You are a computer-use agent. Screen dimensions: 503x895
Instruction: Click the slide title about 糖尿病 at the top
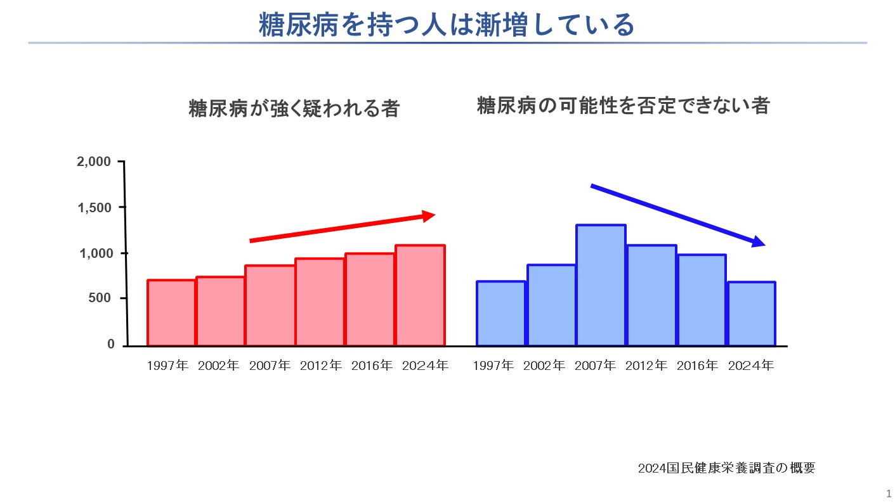point(447,25)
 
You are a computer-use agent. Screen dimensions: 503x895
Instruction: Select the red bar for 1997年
point(172,313)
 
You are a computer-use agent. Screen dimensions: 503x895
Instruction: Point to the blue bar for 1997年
point(501,314)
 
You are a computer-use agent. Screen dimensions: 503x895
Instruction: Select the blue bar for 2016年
point(702,300)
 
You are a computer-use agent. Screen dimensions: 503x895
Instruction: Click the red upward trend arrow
point(343,228)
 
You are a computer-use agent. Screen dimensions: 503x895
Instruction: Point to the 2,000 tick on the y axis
point(94,162)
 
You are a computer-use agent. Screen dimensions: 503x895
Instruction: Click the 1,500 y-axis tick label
point(94,208)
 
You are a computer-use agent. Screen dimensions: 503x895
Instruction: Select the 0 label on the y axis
point(111,344)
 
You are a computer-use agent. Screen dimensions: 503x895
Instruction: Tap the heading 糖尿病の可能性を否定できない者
point(623,106)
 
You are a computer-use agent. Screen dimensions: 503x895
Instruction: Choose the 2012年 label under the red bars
point(321,366)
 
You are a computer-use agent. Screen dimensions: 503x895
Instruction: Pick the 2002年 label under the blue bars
point(544,366)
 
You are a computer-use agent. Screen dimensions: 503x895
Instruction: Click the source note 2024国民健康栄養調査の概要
point(726,468)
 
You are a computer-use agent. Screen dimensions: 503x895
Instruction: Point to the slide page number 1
point(889,493)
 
